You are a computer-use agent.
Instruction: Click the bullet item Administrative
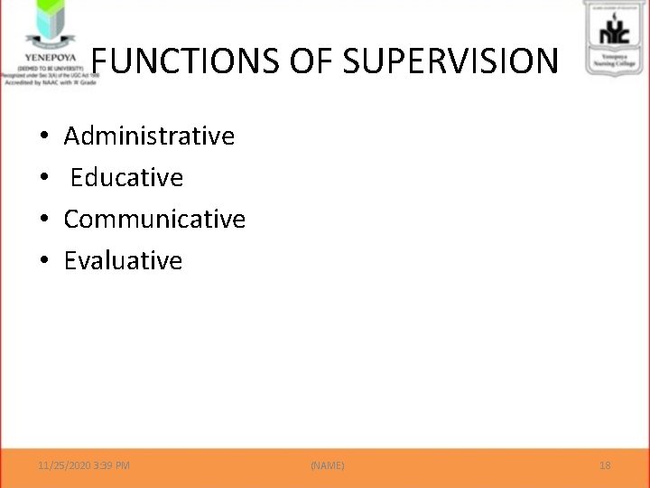[150, 136]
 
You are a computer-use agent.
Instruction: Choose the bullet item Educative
[126, 178]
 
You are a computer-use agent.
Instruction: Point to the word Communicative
[154, 220]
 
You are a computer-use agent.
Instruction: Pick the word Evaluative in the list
[123, 261]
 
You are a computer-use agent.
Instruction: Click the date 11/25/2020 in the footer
[64, 465]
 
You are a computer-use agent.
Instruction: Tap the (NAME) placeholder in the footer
[327, 465]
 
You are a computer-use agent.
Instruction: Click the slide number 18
[605, 465]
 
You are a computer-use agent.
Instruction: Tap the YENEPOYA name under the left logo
[42, 53]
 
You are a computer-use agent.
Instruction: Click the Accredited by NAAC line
[45, 80]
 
